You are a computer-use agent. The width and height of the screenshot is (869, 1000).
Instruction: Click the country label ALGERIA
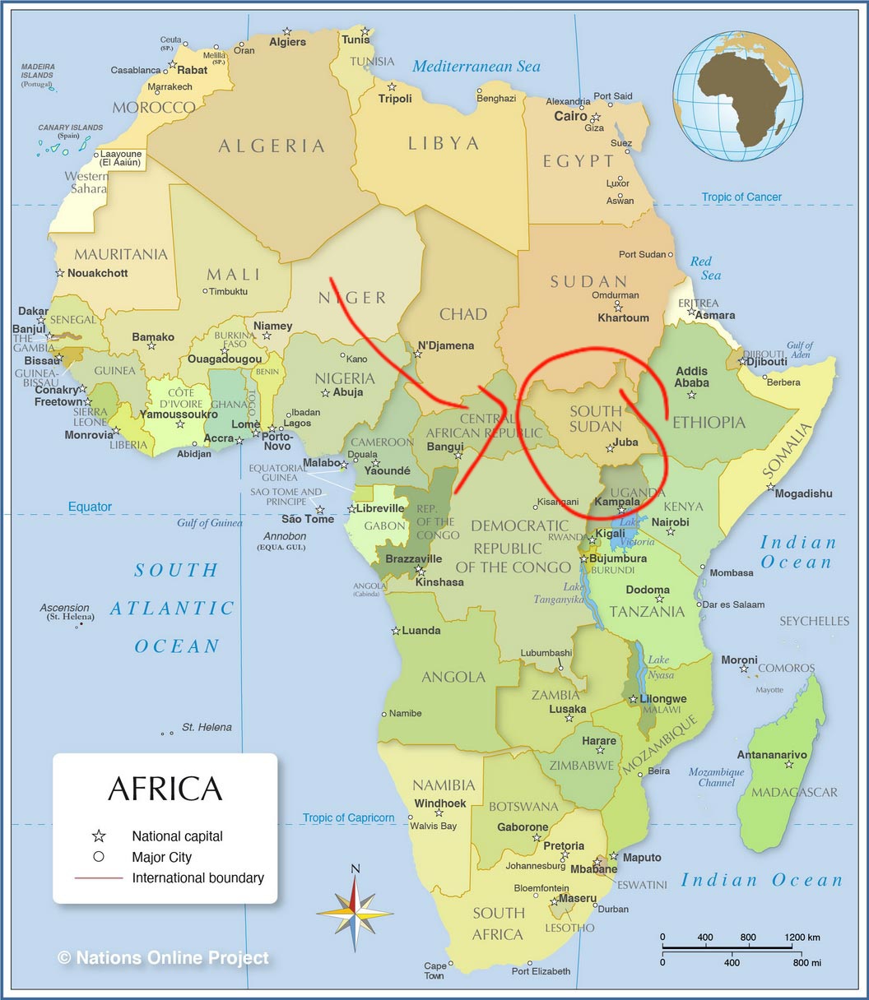point(272,146)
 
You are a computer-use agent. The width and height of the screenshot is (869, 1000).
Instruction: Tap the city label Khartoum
point(623,318)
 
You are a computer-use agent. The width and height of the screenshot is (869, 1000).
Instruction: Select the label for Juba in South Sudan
point(625,442)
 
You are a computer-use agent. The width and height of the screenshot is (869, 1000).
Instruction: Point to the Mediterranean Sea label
point(476,67)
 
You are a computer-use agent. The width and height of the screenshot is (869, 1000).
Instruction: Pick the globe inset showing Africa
point(737,96)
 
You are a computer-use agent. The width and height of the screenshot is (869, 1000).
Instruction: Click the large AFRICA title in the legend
point(165,789)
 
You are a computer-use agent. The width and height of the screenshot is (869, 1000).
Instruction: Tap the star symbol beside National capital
point(99,836)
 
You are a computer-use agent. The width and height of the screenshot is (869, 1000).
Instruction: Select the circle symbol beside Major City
point(99,857)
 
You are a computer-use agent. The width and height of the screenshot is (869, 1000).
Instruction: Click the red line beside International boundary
point(99,878)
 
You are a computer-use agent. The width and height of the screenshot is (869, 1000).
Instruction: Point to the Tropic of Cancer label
point(741,197)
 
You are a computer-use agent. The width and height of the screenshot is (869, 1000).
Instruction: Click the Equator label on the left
point(90,507)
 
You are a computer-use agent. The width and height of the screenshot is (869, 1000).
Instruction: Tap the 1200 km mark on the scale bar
point(803,937)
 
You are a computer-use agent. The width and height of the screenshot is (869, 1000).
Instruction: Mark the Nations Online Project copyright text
point(163,958)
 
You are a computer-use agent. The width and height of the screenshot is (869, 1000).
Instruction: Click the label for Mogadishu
point(803,494)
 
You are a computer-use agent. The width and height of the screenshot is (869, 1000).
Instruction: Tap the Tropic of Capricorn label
point(348,818)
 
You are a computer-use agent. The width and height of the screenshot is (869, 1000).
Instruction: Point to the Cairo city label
point(570,116)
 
